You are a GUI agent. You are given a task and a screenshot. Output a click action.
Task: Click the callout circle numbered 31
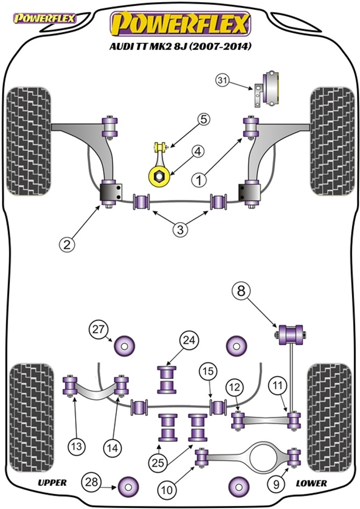pos(222,81)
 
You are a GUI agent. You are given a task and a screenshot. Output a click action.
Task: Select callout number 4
pos(198,152)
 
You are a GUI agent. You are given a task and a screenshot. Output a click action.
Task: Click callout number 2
pos(67,245)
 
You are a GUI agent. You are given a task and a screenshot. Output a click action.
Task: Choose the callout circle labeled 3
pos(181,230)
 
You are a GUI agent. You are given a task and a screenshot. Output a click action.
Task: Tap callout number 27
pos(98,329)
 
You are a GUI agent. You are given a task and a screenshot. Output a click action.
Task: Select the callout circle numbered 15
pos(207,370)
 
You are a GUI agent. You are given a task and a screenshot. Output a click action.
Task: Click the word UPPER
pos(53,483)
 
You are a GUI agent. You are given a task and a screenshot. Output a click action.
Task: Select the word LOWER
pos(312,483)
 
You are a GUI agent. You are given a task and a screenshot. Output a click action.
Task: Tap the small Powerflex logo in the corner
pos(45,18)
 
